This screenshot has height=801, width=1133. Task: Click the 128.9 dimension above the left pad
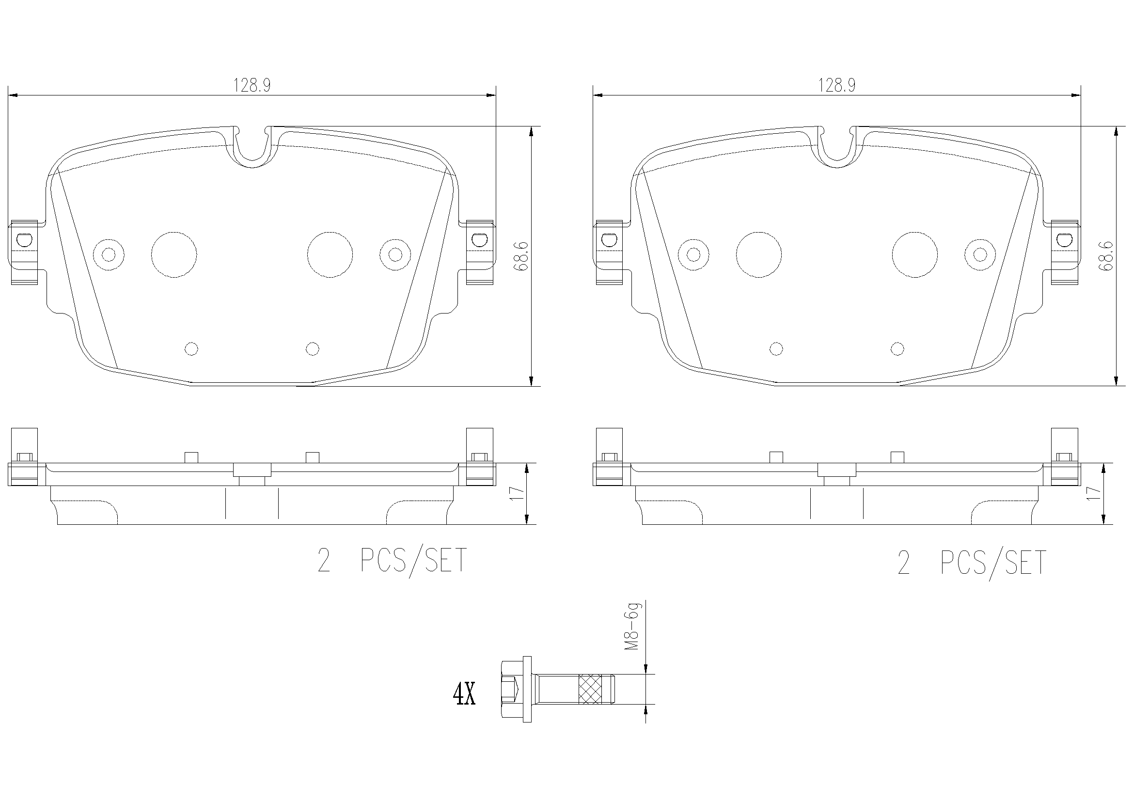pyautogui.click(x=252, y=86)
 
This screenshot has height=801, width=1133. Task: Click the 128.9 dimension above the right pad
pyautogui.click(x=836, y=86)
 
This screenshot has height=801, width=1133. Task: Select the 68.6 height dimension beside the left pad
pyautogui.click(x=521, y=256)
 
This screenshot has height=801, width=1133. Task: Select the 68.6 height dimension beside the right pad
pyautogui.click(x=1106, y=256)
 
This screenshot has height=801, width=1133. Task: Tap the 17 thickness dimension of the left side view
pyautogui.click(x=516, y=493)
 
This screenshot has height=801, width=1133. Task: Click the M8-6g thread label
pyautogui.click(x=631, y=626)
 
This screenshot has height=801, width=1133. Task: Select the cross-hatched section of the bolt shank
pyautogui.click(x=591, y=689)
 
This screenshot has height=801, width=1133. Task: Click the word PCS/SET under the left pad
pyautogui.click(x=413, y=561)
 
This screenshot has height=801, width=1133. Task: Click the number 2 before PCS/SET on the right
pyautogui.click(x=903, y=563)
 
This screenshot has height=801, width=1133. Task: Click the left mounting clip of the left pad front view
pyautogui.click(x=23, y=251)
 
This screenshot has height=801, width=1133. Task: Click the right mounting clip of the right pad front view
pyautogui.click(x=1064, y=251)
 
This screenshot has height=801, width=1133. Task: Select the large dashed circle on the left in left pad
pyautogui.click(x=174, y=255)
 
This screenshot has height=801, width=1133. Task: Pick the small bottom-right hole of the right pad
pyautogui.click(x=897, y=349)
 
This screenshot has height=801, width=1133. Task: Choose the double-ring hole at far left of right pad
pyautogui.click(x=693, y=255)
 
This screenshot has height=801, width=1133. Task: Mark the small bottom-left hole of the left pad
pyautogui.click(x=191, y=349)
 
